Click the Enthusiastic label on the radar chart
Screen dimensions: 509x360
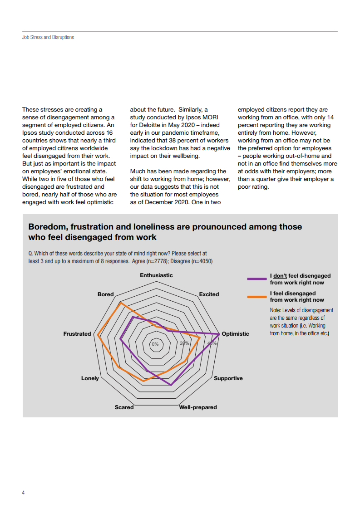click(x=156, y=275)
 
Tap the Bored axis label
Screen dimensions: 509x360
click(x=106, y=294)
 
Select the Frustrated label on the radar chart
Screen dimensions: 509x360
click(x=77, y=334)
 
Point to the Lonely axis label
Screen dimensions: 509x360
click(x=90, y=378)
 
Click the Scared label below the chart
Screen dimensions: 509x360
click(x=124, y=407)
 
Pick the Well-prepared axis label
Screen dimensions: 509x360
click(x=198, y=407)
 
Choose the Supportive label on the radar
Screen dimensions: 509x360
click(x=228, y=378)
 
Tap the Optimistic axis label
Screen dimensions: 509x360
click(x=235, y=334)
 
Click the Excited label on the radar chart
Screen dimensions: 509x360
click(x=209, y=294)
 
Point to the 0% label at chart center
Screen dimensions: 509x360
click(x=155, y=344)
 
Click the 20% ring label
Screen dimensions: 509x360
click(x=184, y=343)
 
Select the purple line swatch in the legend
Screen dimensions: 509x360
click(x=256, y=279)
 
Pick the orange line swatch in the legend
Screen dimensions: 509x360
click(x=256, y=297)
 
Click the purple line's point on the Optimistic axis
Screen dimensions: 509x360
click(x=220, y=334)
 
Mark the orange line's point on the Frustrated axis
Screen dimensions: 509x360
click(x=98, y=335)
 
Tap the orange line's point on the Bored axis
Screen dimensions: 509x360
click(x=120, y=303)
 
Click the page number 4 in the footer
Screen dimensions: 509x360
click(x=23, y=492)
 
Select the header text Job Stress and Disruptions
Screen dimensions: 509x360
click(x=48, y=37)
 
